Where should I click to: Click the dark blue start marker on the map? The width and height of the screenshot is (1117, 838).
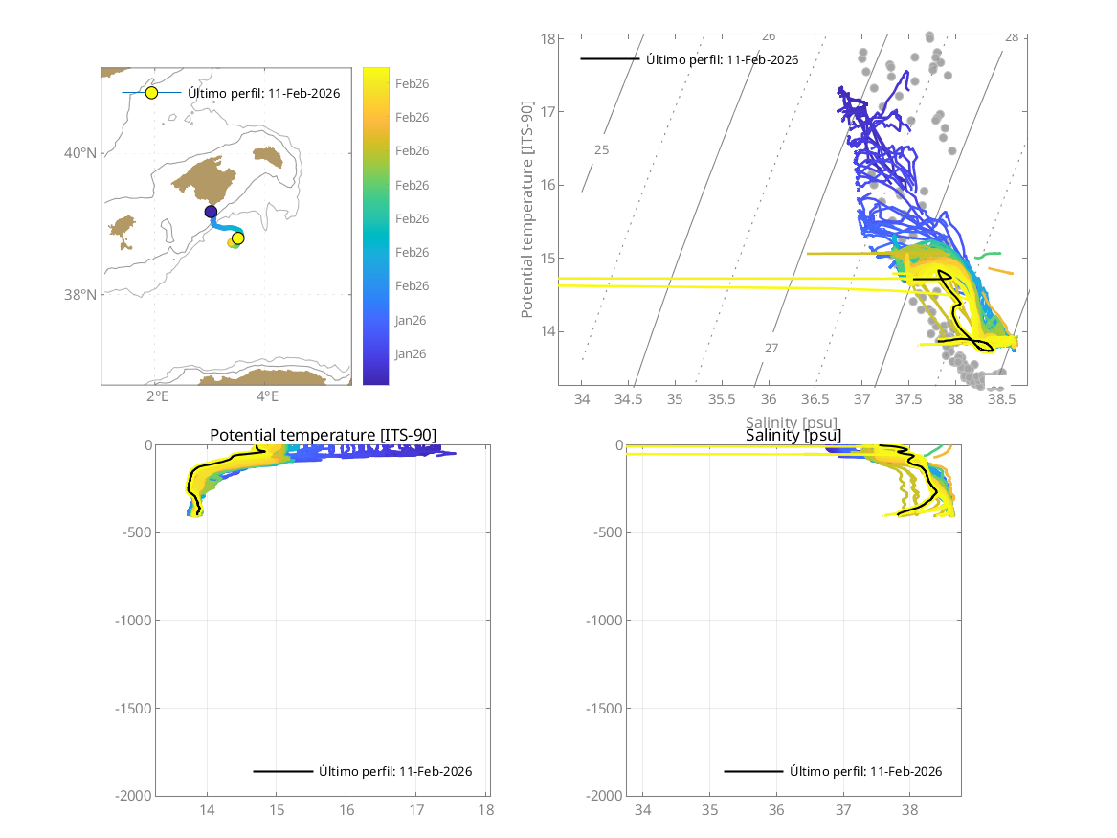(x=211, y=212)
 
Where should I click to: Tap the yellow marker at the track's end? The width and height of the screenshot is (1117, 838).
(x=238, y=238)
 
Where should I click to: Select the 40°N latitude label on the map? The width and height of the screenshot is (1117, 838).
(x=81, y=153)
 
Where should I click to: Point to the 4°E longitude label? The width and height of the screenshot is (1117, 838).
(x=267, y=396)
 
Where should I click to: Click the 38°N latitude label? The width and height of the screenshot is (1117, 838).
(x=81, y=295)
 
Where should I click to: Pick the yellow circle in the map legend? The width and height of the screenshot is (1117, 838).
(x=151, y=93)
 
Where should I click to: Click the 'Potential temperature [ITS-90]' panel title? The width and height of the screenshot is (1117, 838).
(x=323, y=436)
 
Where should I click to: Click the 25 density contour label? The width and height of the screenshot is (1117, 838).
(x=601, y=150)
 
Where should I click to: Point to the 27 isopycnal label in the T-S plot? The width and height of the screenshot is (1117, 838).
(x=771, y=348)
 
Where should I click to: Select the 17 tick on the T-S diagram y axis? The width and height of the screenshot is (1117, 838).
(x=549, y=112)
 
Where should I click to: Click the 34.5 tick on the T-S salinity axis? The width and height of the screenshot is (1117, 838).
(x=628, y=398)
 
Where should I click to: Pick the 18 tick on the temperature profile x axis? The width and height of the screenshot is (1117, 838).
(x=486, y=810)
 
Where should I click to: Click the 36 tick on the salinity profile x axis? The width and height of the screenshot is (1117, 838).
(x=777, y=810)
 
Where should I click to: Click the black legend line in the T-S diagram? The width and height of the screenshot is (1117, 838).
(x=610, y=59)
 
